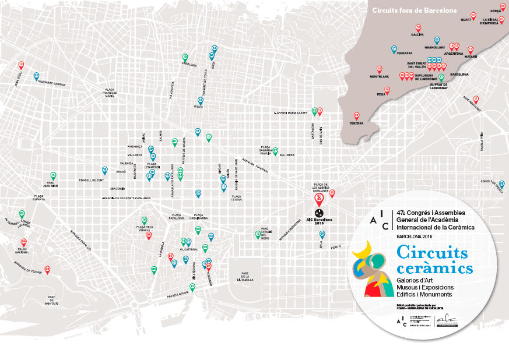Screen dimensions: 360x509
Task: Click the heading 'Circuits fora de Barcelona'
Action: (x=413, y=10)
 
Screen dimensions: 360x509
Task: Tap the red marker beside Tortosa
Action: (x=357, y=116)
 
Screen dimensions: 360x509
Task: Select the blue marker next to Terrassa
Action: (x=394, y=49)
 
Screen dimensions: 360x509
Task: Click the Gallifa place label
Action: (x=417, y=35)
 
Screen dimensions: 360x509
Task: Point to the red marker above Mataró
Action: (x=471, y=50)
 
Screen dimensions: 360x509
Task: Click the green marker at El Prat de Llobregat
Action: (x=441, y=77)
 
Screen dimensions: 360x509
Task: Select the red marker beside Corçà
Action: (x=503, y=6)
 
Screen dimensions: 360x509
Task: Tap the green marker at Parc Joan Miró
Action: (x=54, y=175)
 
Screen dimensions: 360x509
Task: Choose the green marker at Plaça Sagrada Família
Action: (x=275, y=151)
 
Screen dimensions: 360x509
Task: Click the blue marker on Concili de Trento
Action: (x=501, y=185)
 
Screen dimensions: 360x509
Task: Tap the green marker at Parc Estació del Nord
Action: (x=257, y=234)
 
